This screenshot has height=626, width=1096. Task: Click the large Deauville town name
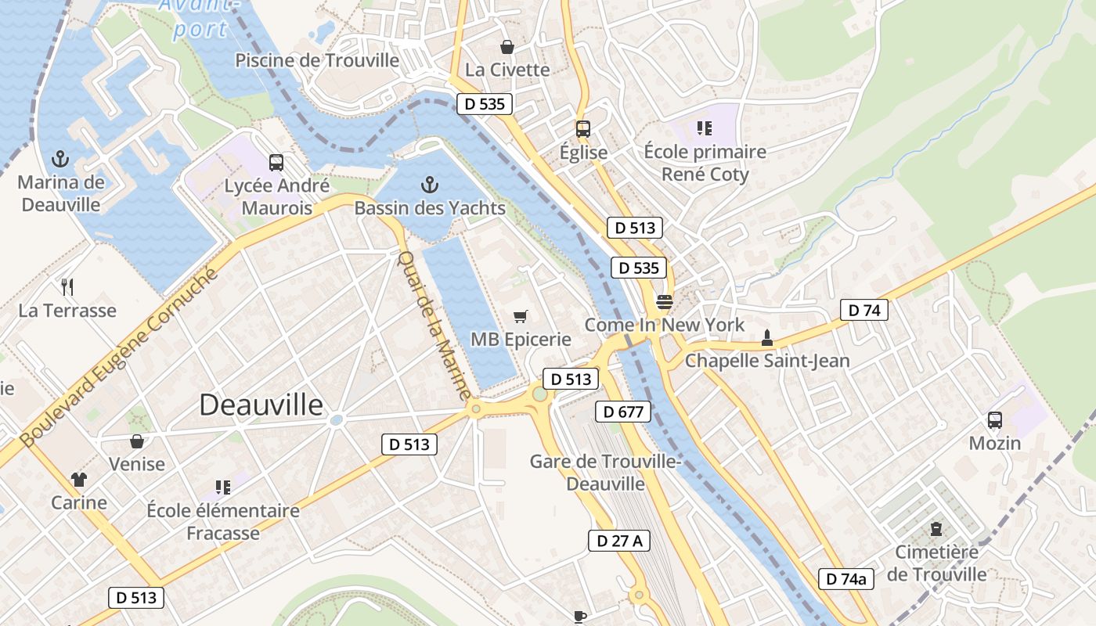click(261, 405)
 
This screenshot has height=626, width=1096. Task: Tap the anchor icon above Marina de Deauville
click(60, 160)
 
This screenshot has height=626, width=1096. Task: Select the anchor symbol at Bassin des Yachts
click(429, 185)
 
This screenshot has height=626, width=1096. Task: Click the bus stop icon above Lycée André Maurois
click(276, 163)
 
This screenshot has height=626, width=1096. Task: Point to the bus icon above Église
click(583, 129)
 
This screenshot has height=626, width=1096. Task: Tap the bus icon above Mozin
click(995, 420)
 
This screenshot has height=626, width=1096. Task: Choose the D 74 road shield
click(864, 310)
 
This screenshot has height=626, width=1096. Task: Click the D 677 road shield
click(623, 412)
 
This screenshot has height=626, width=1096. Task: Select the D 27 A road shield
click(619, 540)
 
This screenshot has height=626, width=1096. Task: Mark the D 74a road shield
click(846, 579)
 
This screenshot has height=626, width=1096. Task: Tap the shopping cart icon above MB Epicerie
click(521, 317)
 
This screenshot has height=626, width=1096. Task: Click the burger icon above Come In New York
click(665, 302)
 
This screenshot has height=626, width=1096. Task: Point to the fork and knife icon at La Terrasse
click(67, 287)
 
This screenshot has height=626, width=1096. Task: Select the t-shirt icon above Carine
click(79, 479)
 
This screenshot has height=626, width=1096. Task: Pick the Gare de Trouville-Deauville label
click(605, 473)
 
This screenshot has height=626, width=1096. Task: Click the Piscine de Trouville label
click(317, 60)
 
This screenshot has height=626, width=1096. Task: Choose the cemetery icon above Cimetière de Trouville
click(936, 530)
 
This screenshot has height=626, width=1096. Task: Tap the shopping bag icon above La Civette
click(507, 47)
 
